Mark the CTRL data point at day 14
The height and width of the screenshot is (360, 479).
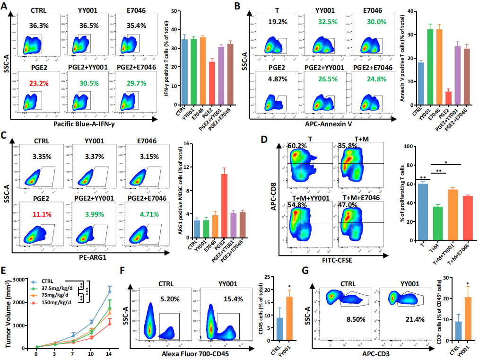(110, 292)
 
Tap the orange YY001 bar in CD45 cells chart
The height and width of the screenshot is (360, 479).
(283, 323)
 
